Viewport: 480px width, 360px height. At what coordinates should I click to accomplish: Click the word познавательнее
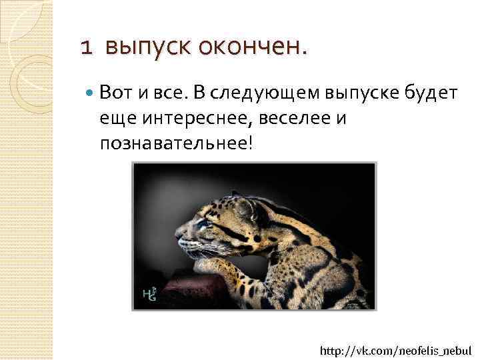(x=175, y=144)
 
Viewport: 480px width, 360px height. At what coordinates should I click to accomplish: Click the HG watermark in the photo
(x=149, y=294)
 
